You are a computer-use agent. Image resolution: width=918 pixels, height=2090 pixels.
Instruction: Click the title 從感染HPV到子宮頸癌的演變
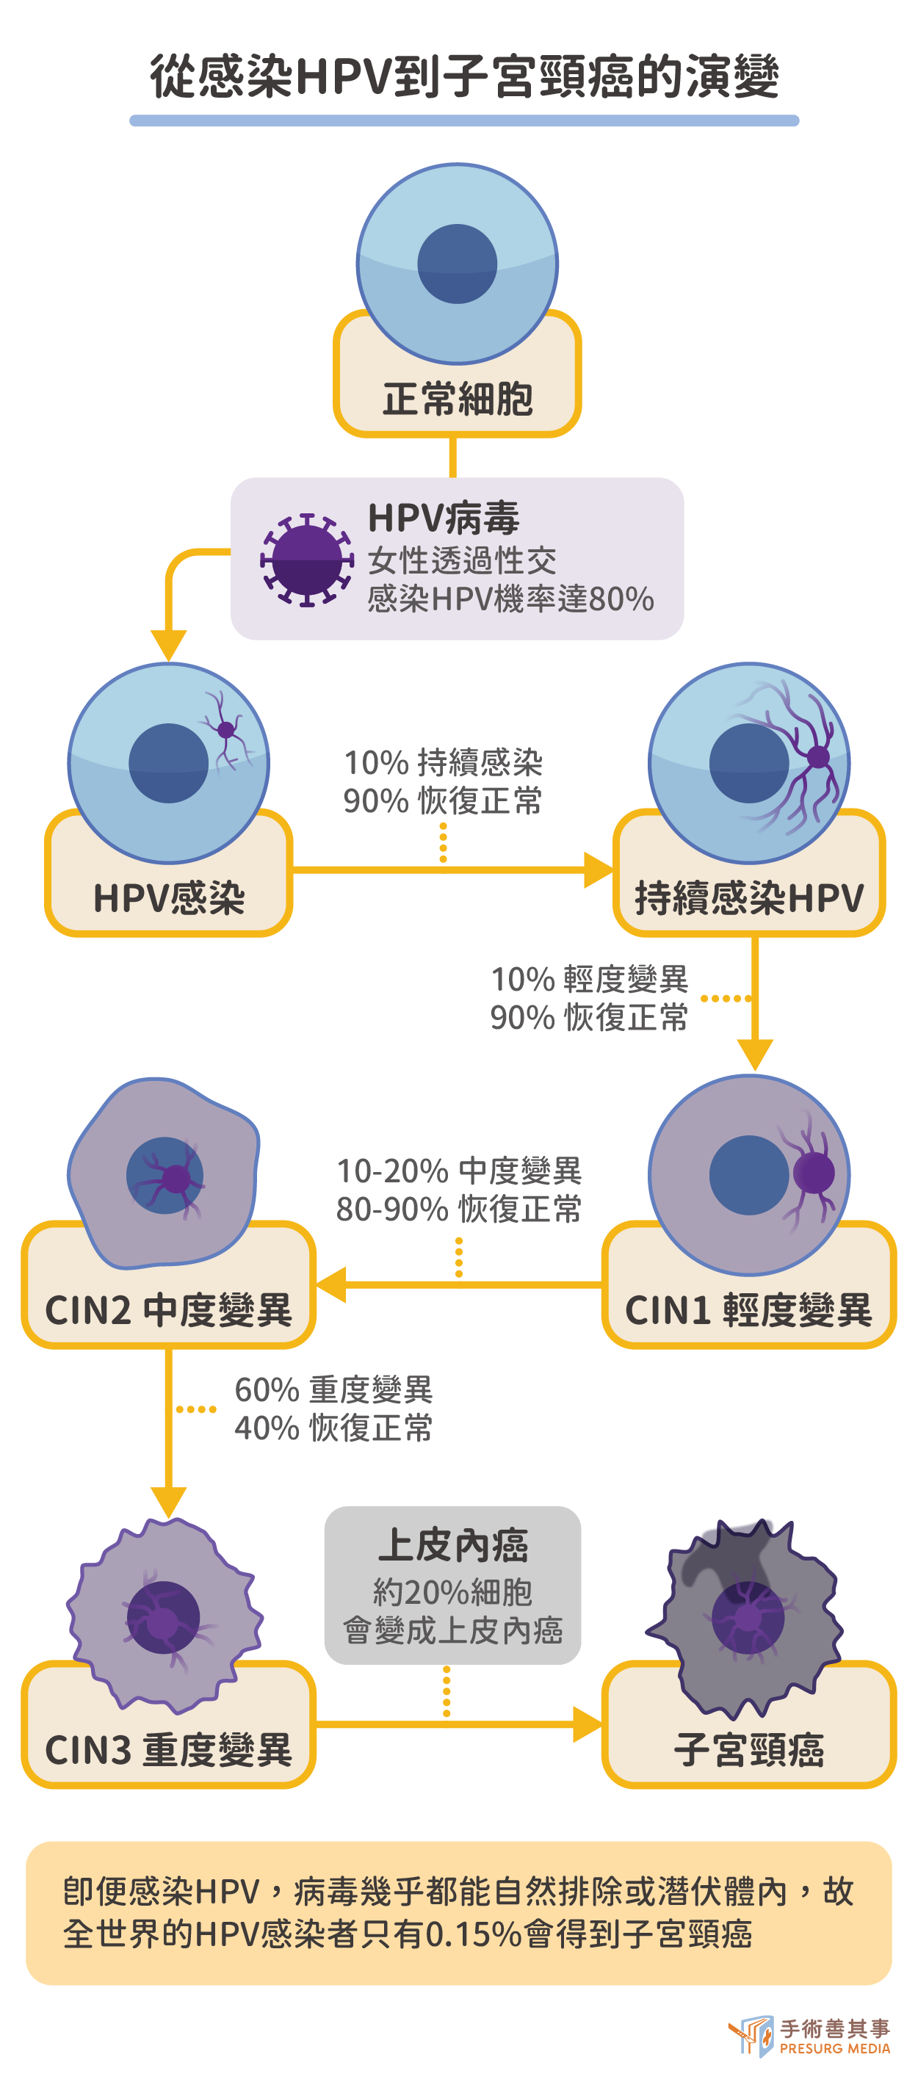click(x=463, y=77)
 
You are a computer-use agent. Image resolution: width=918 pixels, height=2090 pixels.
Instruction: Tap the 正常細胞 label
click(x=457, y=399)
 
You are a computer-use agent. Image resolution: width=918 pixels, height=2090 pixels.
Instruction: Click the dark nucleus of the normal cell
click(x=457, y=264)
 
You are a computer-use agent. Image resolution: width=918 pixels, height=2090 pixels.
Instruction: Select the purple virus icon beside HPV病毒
click(x=306, y=559)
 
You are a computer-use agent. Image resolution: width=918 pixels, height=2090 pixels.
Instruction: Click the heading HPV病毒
click(x=443, y=518)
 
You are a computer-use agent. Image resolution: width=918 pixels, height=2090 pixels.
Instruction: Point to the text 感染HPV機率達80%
click(x=510, y=599)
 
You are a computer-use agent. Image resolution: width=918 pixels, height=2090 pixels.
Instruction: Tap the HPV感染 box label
click(x=169, y=898)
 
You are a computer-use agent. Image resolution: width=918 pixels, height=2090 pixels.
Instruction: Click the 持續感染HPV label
click(x=748, y=898)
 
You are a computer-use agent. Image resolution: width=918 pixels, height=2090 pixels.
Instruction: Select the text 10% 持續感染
click(x=443, y=763)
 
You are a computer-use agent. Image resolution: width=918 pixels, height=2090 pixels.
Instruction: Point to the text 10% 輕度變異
click(x=589, y=980)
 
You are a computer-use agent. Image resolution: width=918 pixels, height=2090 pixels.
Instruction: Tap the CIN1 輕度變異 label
click(x=748, y=1309)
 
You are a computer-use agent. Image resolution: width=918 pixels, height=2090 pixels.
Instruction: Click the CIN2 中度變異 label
click(x=168, y=1309)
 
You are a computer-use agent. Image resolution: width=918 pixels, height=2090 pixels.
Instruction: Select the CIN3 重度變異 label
click(x=168, y=1749)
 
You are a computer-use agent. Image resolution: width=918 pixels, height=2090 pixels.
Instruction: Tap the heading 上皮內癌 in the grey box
click(x=453, y=1546)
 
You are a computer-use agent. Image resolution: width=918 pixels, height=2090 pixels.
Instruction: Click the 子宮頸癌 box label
click(x=748, y=1749)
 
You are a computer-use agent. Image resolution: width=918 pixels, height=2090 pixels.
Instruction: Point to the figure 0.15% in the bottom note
click(x=473, y=1934)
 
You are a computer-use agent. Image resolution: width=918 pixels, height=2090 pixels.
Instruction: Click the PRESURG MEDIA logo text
click(x=834, y=2049)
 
